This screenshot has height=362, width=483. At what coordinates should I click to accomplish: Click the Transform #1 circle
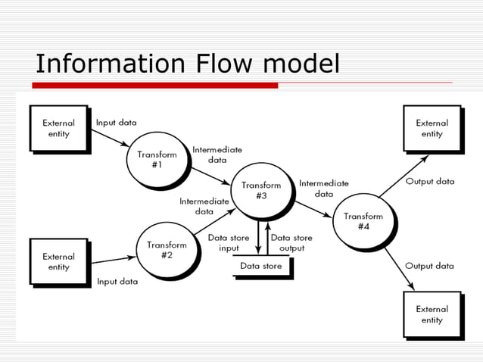(x=157, y=160)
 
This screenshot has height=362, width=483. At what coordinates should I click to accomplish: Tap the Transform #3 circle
(x=261, y=190)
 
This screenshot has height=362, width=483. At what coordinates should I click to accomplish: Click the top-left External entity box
(x=58, y=129)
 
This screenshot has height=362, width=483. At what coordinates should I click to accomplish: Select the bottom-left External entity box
(x=58, y=261)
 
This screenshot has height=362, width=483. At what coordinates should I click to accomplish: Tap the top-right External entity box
(x=432, y=128)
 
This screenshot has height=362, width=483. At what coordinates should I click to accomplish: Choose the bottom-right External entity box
(x=432, y=314)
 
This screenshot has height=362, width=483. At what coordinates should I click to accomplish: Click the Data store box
(x=261, y=267)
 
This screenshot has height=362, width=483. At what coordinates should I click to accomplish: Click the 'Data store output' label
(x=291, y=243)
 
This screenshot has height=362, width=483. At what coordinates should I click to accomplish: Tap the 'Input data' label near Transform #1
(x=117, y=122)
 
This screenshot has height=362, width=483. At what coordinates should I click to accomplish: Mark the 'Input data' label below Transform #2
(x=117, y=282)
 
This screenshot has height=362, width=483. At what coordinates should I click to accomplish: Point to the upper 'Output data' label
(x=430, y=182)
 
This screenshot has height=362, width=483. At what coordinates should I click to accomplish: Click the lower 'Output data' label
(x=429, y=266)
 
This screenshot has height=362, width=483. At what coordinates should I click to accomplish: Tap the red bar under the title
(x=155, y=85)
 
